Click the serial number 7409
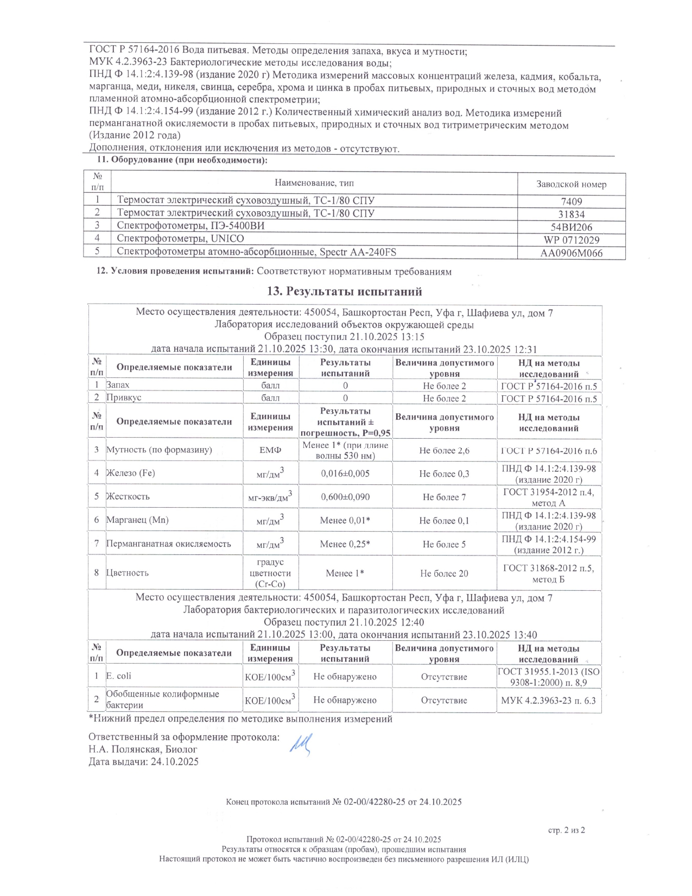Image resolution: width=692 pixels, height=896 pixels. point(571,201)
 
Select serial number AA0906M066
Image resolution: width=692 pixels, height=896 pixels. point(571,253)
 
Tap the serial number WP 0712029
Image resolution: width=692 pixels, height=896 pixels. point(571,240)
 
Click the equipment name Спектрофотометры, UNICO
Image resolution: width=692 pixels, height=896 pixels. point(181,239)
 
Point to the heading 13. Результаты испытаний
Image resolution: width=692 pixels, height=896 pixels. point(345,292)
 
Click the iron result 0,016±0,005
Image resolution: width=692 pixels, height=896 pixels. point(345,474)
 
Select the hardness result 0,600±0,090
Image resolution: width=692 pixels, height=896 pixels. point(345,497)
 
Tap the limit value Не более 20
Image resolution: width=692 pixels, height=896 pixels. point(444,573)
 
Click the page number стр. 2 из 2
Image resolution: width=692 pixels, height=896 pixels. point(568,830)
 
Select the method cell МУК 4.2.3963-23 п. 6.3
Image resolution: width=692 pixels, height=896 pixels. point(549,701)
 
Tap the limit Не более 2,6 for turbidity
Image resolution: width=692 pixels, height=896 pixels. point(444,451)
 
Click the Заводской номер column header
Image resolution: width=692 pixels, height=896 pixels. point(571,184)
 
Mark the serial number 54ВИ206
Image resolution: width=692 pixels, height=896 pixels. point(571,227)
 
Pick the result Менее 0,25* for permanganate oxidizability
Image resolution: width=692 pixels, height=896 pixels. point(345,544)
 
